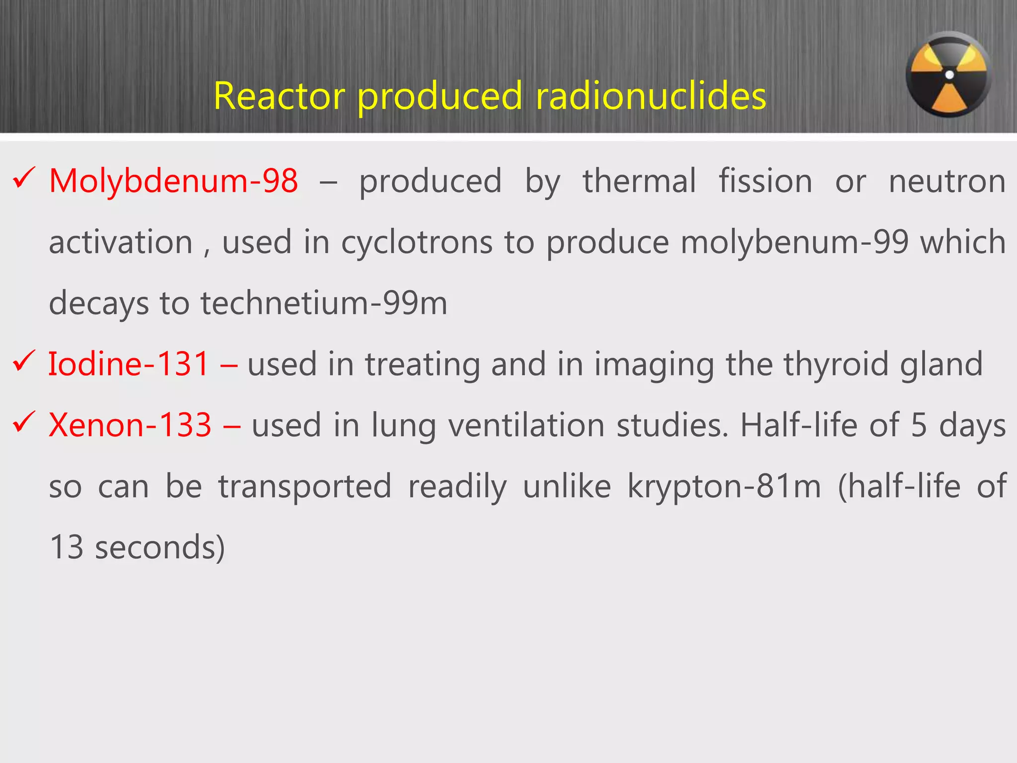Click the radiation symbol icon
click(x=948, y=75)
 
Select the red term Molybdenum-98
click(x=173, y=181)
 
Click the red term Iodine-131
click(x=128, y=364)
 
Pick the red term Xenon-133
click(x=130, y=425)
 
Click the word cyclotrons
click(x=417, y=243)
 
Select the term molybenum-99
click(x=794, y=242)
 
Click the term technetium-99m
click(x=323, y=304)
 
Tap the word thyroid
click(x=836, y=365)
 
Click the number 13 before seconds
click(x=67, y=547)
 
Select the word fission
click(x=765, y=181)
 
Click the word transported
click(x=305, y=487)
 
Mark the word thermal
click(x=639, y=181)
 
